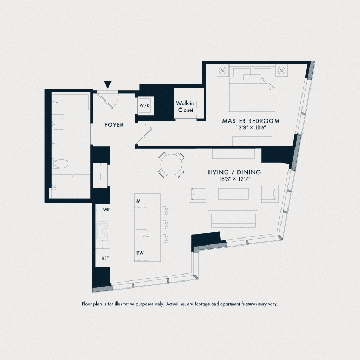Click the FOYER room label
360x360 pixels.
(114, 125)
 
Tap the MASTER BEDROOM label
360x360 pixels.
(251, 121)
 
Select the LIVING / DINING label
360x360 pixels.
(234, 172)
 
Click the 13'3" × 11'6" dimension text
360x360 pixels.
(251, 128)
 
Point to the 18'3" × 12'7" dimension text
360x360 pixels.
(234, 179)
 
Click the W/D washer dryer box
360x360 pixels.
(145, 106)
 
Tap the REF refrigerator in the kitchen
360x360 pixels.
(106, 258)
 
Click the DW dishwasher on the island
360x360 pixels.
(139, 253)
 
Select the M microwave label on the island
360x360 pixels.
(139, 201)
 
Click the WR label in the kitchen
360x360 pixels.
(106, 209)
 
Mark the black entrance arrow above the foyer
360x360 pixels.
(108, 84)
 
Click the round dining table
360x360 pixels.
(171, 164)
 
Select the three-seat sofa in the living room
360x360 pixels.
(233, 219)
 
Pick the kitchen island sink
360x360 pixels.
(143, 235)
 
